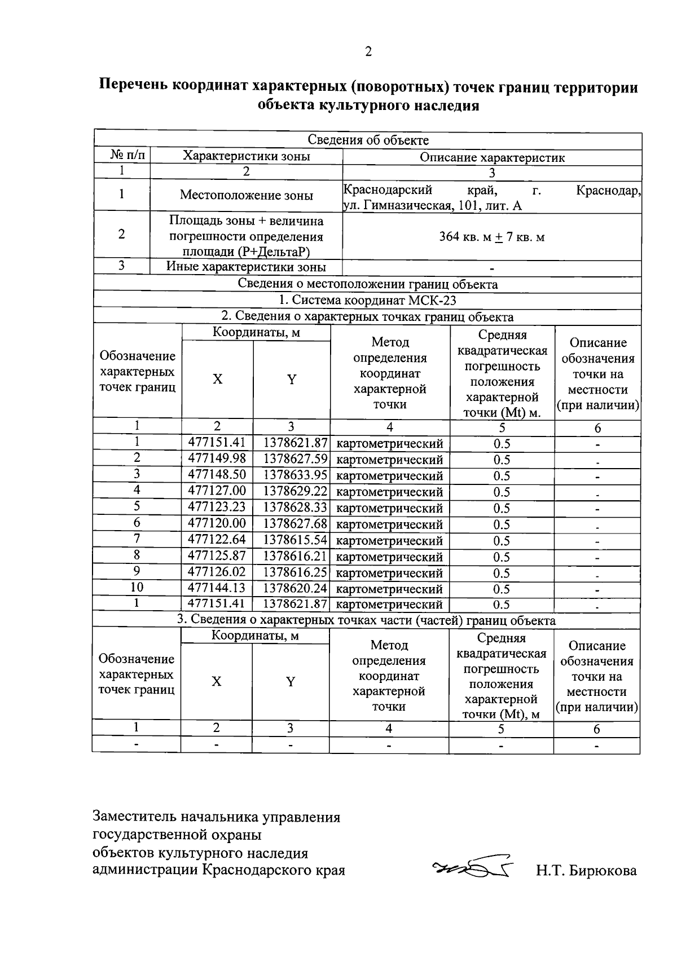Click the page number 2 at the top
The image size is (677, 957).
[368, 52]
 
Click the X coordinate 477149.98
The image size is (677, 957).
[217, 458]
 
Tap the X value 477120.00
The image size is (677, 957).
[217, 523]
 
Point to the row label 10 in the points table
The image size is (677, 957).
[137, 588]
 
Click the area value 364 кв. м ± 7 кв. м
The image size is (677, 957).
[491, 237]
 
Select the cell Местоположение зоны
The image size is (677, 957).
[246, 196]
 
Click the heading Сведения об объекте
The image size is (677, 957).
[368, 140]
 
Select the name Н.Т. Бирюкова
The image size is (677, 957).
[586, 871]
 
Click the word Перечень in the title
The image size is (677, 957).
[134, 87]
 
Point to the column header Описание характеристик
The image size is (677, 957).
[491, 157]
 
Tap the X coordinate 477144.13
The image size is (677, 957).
[217, 588]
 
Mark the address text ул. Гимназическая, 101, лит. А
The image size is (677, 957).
[433, 206]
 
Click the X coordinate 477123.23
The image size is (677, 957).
[217, 507]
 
